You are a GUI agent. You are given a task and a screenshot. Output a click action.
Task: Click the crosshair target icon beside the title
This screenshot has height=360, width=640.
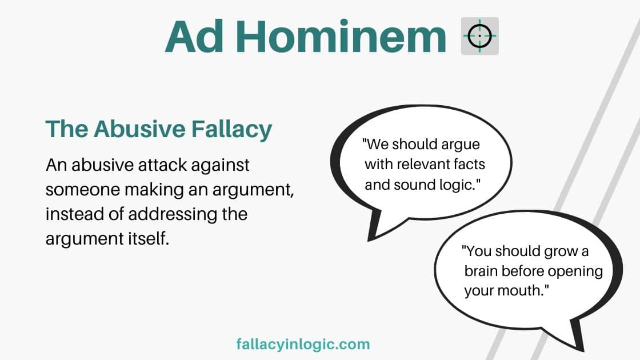tap(479, 36)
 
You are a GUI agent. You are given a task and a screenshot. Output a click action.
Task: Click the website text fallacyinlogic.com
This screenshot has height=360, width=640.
tap(303, 344)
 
